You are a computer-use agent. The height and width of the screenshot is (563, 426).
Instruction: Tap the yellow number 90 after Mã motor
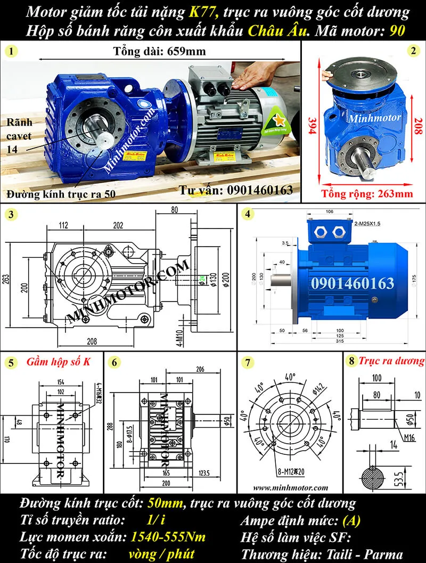click(x=397, y=30)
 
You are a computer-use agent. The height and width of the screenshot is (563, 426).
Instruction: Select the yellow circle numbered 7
click(x=247, y=363)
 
